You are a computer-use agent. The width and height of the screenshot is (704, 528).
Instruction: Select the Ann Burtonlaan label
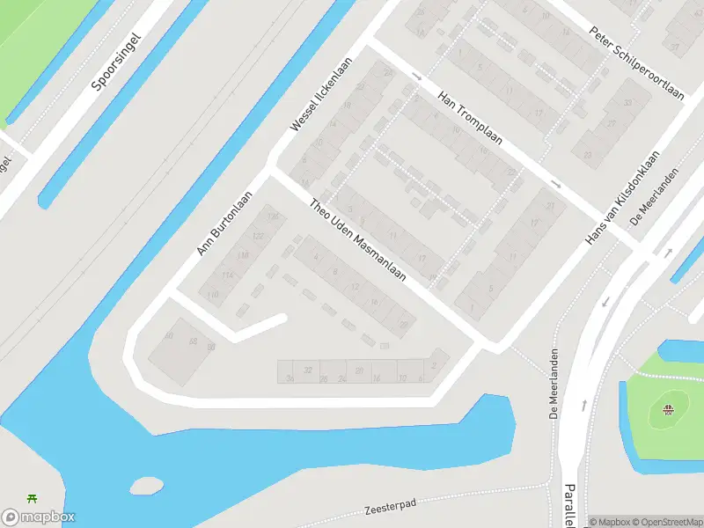pyautogui.click(x=225, y=224)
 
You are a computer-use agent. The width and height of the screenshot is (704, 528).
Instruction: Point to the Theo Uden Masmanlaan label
pyautogui.click(x=358, y=239)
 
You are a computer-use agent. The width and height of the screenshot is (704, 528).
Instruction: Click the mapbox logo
pyautogui.click(x=39, y=517)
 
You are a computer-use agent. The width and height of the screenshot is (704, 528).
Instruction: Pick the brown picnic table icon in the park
pyautogui.click(x=669, y=407)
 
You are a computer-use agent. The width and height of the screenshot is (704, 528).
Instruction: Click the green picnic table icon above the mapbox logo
pyautogui.click(x=33, y=499)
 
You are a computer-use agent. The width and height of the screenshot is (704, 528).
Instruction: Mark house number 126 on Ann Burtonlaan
pyautogui.click(x=273, y=216)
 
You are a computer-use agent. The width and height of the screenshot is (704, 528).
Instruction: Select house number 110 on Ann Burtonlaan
pyautogui.click(x=212, y=296)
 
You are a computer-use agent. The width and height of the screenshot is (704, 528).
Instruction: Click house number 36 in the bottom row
pyautogui.click(x=290, y=378)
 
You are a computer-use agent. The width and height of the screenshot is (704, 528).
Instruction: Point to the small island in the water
pyautogui.click(x=146, y=485)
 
